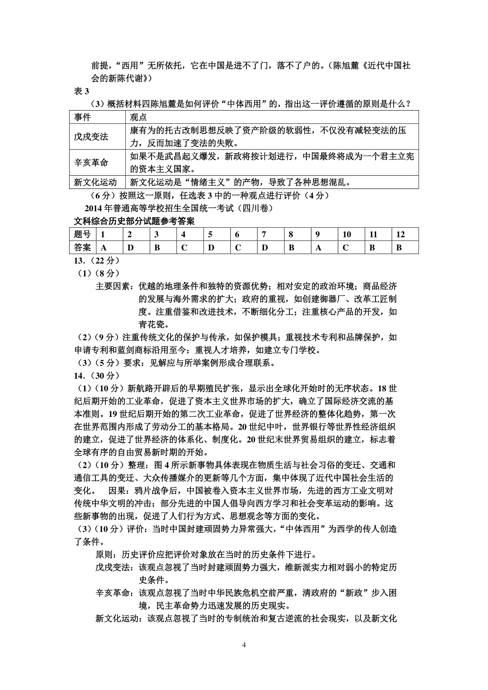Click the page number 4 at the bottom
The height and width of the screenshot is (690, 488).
pyautogui.click(x=244, y=645)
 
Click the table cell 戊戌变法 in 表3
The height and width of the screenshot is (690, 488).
pyautogui.click(x=91, y=137)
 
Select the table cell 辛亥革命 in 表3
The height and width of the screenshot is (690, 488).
pyautogui.click(x=91, y=163)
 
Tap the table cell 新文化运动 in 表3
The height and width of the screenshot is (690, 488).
pyautogui.click(x=95, y=182)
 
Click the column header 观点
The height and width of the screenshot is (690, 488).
pyautogui.click(x=138, y=117)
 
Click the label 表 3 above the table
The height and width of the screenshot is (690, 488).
pyautogui.click(x=81, y=91)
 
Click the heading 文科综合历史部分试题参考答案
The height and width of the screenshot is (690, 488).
pyautogui.click(x=134, y=221)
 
